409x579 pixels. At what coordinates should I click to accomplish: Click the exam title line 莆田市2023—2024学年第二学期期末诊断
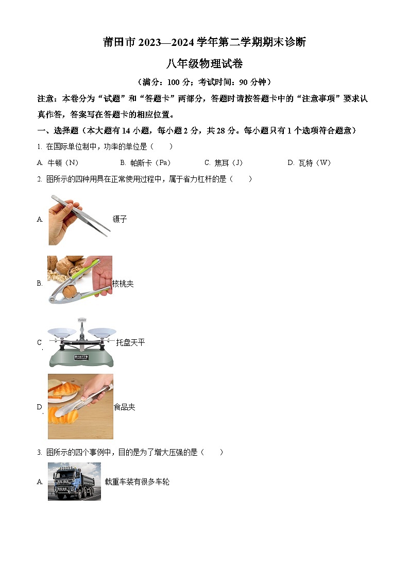[x=204, y=42]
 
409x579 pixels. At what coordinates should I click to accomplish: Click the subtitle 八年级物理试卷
[x=204, y=64]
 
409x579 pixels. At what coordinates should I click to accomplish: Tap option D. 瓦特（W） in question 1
[x=309, y=163]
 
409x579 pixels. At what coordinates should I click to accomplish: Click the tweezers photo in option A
[x=79, y=220]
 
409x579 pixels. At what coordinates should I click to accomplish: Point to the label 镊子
[x=120, y=219]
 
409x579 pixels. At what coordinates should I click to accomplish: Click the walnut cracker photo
[x=79, y=279]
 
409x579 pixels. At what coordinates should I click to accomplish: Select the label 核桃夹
[x=123, y=284]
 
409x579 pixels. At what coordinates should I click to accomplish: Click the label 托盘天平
[x=130, y=342]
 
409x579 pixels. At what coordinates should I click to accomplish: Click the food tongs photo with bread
[x=80, y=406]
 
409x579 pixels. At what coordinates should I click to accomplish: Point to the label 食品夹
[x=124, y=407]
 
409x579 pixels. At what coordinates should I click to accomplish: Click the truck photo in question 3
[x=74, y=481]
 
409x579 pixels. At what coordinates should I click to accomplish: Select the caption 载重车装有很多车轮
[x=137, y=482]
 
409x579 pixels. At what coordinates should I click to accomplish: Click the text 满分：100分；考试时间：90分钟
[x=204, y=82]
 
